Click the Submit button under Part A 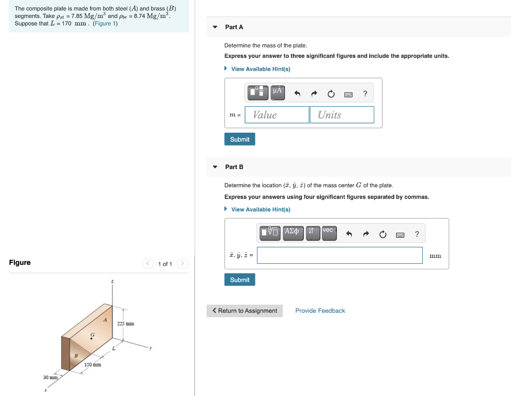240,139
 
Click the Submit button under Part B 240,280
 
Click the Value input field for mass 277,115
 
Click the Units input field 341,115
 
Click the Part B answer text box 339,255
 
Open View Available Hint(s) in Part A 260,69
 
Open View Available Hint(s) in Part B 260,209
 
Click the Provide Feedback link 320,311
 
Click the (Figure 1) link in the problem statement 105,23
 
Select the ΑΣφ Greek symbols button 293,232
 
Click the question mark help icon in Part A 365,93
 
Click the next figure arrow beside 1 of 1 183,263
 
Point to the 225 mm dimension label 125,324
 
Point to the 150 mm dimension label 93,365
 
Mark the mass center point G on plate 91,339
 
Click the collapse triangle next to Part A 215,27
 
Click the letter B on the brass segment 76,356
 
